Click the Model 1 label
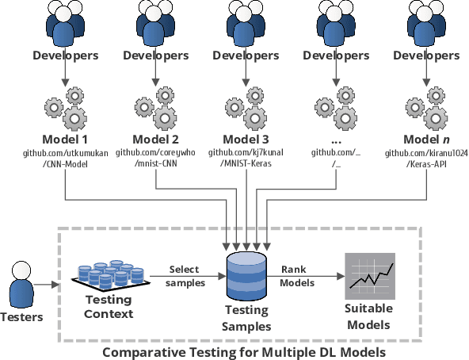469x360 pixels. tap(66, 140)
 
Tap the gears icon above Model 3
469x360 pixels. tap(246, 109)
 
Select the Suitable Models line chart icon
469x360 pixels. tap(368, 277)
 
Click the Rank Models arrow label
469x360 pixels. tap(299, 276)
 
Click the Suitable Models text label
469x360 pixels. tap(368, 319)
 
